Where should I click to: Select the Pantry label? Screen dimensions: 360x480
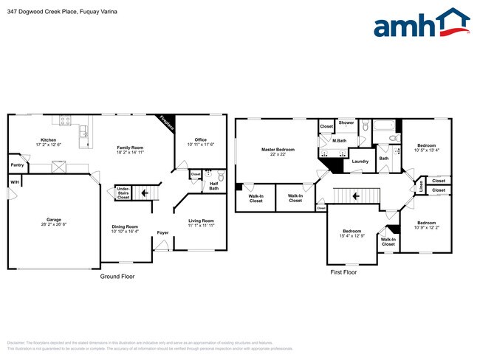click(x=16, y=165)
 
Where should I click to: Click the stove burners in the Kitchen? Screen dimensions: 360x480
click(x=66, y=122)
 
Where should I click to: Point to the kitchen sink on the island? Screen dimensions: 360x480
click(x=85, y=133)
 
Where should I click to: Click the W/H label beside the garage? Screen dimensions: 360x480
click(x=13, y=182)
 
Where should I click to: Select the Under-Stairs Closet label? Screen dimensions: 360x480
click(x=123, y=193)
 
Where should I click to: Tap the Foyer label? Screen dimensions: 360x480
click(x=162, y=233)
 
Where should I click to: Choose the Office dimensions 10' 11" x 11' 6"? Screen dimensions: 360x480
click(x=200, y=145)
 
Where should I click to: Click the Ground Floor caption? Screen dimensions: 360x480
click(x=117, y=277)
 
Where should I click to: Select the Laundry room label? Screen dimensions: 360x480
click(x=360, y=161)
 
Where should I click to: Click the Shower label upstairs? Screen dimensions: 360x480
click(x=346, y=122)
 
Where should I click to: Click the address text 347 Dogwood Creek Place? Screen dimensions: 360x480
click(x=44, y=13)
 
